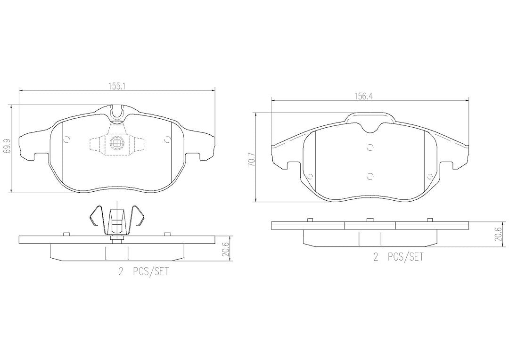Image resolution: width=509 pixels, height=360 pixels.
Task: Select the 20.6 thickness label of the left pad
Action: click(228, 249)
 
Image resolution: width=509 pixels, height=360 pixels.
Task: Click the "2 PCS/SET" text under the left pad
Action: click(143, 271)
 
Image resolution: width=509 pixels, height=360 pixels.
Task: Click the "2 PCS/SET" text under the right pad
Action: click(399, 257)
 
